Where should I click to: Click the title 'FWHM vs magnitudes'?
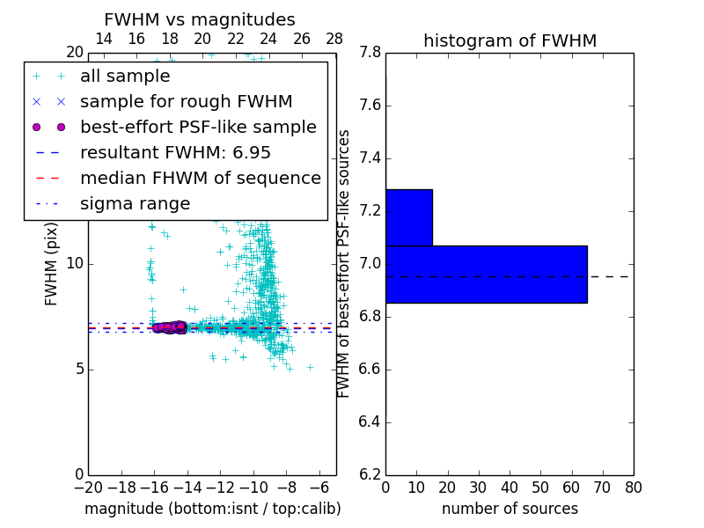[x=199, y=20]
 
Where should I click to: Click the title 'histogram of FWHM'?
[x=510, y=40]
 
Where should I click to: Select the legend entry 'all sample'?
[x=125, y=77]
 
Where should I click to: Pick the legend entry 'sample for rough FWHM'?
[x=186, y=102]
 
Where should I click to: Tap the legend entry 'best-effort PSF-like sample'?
[x=198, y=128]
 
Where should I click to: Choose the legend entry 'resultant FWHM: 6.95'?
[x=175, y=153]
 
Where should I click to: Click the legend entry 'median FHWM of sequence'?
[x=200, y=179]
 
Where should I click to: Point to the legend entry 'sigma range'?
[x=135, y=204]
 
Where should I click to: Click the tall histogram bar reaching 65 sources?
[x=486, y=274]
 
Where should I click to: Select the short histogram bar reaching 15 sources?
[x=408, y=217]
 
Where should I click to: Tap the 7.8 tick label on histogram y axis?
[x=370, y=53]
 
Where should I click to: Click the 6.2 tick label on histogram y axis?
[x=370, y=474]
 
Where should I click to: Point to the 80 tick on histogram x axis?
[x=633, y=488]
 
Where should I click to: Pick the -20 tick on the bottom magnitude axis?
[x=88, y=488]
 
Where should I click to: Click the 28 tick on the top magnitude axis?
[x=335, y=39]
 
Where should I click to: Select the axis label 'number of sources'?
[x=510, y=509]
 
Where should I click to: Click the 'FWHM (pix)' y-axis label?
[x=52, y=264]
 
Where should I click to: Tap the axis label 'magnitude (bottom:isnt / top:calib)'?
[x=212, y=509]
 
